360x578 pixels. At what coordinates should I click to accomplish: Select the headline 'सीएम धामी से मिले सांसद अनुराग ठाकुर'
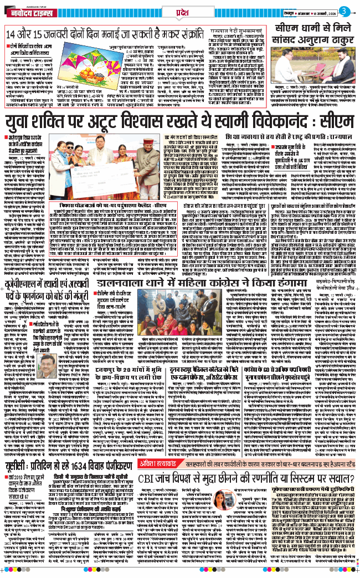(x=312, y=33)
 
